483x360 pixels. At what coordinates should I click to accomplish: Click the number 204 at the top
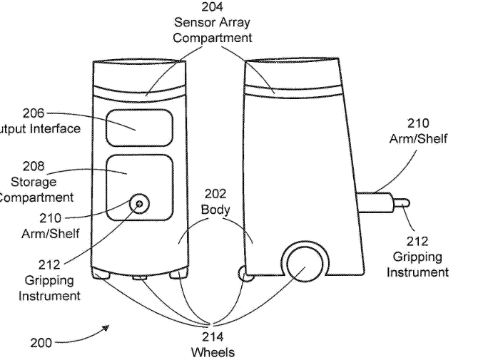[x=212, y=7]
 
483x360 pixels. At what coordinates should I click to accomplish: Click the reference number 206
[x=34, y=113]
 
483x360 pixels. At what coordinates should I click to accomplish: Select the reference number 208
[x=34, y=166]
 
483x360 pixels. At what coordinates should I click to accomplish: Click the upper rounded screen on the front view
[x=139, y=128]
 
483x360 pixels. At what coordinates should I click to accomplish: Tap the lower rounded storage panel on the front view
[x=139, y=187]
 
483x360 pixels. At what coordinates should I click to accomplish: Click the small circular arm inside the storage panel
[x=139, y=204]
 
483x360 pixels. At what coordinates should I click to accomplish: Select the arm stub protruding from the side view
[x=377, y=202]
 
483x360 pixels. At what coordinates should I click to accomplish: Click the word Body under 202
[x=215, y=210]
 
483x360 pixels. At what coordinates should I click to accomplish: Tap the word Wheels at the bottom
[x=213, y=351]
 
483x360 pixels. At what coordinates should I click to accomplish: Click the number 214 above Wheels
[x=213, y=336]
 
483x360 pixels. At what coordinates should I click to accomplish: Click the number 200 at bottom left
[x=41, y=343]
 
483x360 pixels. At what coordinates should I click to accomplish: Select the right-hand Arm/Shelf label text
[x=418, y=138]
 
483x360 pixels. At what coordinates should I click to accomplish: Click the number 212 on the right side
[x=417, y=242]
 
